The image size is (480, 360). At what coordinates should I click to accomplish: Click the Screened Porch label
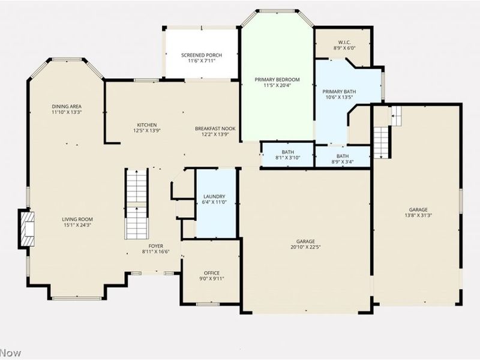(202, 55)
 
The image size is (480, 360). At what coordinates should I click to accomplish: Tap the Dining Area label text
(66, 106)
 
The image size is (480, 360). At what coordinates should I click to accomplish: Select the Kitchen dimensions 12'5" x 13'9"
(146, 130)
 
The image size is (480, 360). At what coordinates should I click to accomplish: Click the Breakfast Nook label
(215, 128)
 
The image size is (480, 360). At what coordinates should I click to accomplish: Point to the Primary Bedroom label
(277, 79)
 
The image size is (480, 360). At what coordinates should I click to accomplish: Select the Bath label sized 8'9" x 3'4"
(342, 156)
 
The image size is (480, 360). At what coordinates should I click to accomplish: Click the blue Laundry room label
(214, 196)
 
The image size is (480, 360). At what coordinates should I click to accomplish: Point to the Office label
(211, 273)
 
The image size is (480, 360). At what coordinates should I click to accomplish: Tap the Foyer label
(156, 246)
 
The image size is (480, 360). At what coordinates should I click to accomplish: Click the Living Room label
(77, 219)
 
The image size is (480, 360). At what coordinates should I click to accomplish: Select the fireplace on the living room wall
(26, 228)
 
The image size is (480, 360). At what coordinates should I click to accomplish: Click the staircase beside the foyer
(136, 204)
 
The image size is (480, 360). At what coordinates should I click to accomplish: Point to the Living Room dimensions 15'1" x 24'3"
(77, 226)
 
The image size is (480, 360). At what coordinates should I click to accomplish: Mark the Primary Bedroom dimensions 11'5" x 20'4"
(277, 85)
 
